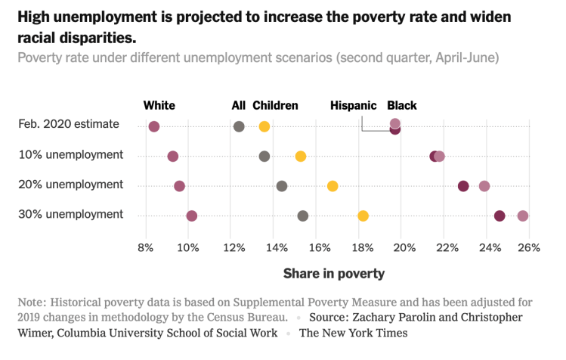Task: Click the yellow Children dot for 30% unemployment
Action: pyautogui.click(x=363, y=216)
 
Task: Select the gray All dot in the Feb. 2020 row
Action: pyautogui.click(x=240, y=126)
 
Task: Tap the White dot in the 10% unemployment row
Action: pyautogui.click(x=173, y=156)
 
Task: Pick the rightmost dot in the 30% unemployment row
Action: pyautogui.click(x=523, y=216)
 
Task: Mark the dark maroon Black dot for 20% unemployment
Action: pyautogui.click(x=463, y=186)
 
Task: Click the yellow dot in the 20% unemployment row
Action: pyautogui.click(x=332, y=186)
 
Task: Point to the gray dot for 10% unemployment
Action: pyautogui.click(x=264, y=156)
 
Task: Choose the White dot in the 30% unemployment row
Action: pyautogui.click(x=192, y=216)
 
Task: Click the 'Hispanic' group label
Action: pyautogui.click(x=353, y=106)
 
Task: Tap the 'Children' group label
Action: pyautogui.click(x=275, y=106)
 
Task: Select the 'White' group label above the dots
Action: pyautogui.click(x=159, y=106)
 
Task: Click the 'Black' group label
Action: pyautogui.click(x=402, y=106)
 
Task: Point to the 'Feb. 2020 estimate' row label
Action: pyautogui.click(x=70, y=124)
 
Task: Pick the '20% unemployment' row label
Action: pyautogui.click(x=70, y=185)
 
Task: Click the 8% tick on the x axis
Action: pyautogui.click(x=146, y=247)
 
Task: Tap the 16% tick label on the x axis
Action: pyautogui.click(x=320, y=247)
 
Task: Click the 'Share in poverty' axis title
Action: pyautogui.click(x=333, y=273)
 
